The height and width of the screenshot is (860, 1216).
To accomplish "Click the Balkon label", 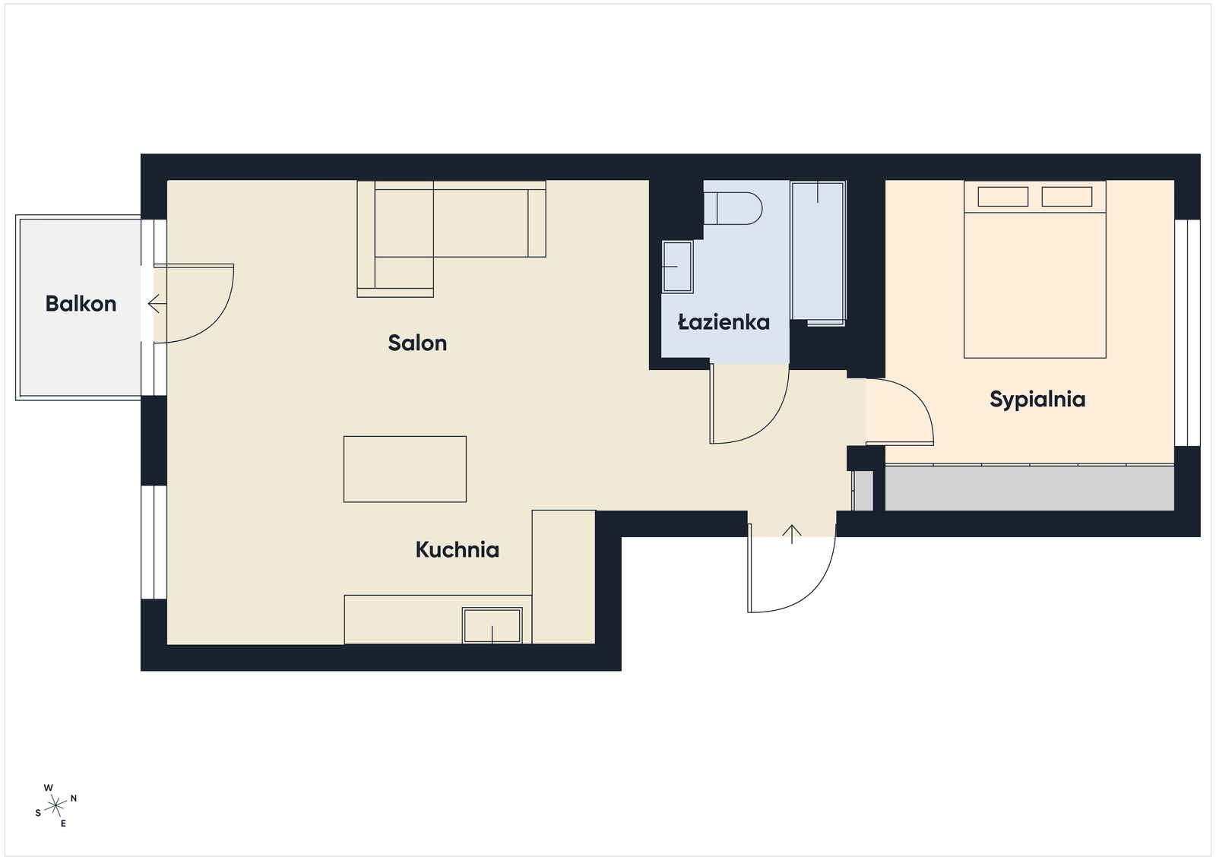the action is point(81,304).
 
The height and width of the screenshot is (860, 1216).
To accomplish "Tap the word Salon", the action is point(417,343).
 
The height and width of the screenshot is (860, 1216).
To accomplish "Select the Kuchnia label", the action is point(457,549).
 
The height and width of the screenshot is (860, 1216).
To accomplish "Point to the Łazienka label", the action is point(724,322).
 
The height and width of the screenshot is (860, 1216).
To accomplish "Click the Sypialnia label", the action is point(1037,400).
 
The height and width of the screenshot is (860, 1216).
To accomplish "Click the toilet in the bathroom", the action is point(733,208).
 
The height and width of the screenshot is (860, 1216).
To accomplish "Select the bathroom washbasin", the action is point(677,267).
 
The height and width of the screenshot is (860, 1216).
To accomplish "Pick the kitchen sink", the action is point(492,625).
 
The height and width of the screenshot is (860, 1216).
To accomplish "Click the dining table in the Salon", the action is point(405,470).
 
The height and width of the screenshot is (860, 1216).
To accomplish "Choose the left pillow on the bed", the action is point(1003,197).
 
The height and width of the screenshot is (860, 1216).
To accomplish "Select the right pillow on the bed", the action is point(1067,197).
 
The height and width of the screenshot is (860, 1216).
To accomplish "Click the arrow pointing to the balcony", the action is point(157,304).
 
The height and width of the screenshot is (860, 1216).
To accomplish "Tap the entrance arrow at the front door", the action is point(792,534).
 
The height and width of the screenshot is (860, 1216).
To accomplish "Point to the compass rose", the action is point(56,806).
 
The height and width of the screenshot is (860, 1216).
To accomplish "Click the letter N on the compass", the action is point(74,798).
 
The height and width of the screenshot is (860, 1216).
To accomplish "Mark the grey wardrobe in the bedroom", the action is point(1030,488).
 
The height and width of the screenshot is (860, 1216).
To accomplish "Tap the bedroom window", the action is point(1187,333).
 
